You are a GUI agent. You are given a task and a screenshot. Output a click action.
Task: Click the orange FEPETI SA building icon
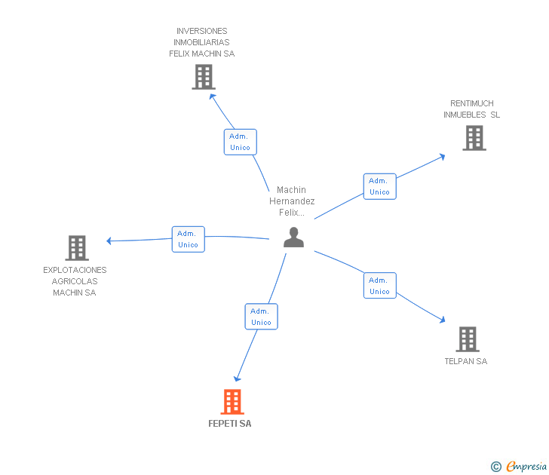(232, 402)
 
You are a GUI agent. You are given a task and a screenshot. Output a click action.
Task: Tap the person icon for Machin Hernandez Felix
(293, 237)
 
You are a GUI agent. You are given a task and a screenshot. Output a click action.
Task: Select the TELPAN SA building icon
(468, 339)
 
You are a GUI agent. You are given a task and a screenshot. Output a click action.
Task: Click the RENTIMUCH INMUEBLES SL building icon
(474, 138)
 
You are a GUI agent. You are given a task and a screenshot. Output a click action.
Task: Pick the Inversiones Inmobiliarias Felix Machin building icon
(203, 77)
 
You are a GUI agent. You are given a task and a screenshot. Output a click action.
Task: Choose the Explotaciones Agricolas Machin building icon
(77, 248)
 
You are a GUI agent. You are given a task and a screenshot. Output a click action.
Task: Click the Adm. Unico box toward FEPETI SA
(261, 317)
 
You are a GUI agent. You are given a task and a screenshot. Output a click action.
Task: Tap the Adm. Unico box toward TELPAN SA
(379, 286)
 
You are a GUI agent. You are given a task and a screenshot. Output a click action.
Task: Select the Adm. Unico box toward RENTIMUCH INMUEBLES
(379, 186)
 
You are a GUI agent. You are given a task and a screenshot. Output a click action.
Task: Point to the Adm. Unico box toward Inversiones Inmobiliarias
(241, 142)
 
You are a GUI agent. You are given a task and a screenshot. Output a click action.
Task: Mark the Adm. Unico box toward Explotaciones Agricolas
(188, 239)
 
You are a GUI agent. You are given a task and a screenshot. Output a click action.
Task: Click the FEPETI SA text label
(230, 424)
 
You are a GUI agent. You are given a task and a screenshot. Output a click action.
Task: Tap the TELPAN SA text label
(466, 361)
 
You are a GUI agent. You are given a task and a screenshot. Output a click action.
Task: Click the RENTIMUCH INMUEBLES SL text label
(472, 109)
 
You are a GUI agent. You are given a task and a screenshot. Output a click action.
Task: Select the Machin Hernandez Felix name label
(292, 201)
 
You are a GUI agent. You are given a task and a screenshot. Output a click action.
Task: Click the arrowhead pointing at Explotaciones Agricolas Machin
(109, 241)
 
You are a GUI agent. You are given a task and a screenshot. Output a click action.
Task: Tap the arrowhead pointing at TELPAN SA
(442, 320)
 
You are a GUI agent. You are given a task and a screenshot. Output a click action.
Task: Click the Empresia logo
(526, 466)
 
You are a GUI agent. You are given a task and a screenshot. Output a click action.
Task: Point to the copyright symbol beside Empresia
(496, 467)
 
